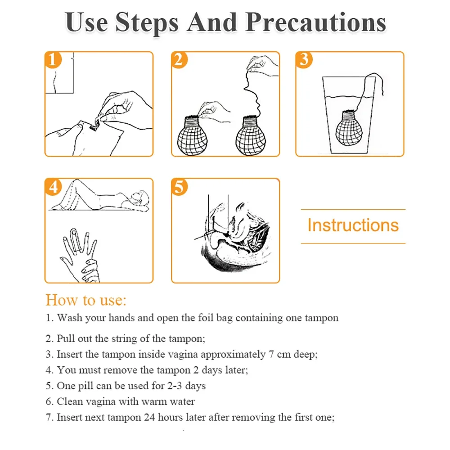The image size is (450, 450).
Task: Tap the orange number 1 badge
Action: click(53, 60)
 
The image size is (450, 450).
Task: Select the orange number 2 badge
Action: click(179, 60)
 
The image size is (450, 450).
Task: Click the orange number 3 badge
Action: click(305, 60)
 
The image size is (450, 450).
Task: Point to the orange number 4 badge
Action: click(53, 187)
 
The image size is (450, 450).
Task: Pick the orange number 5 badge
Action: click(179, 187)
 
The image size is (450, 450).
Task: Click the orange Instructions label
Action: click(353, 225)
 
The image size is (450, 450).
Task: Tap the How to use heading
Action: click(86, 300)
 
